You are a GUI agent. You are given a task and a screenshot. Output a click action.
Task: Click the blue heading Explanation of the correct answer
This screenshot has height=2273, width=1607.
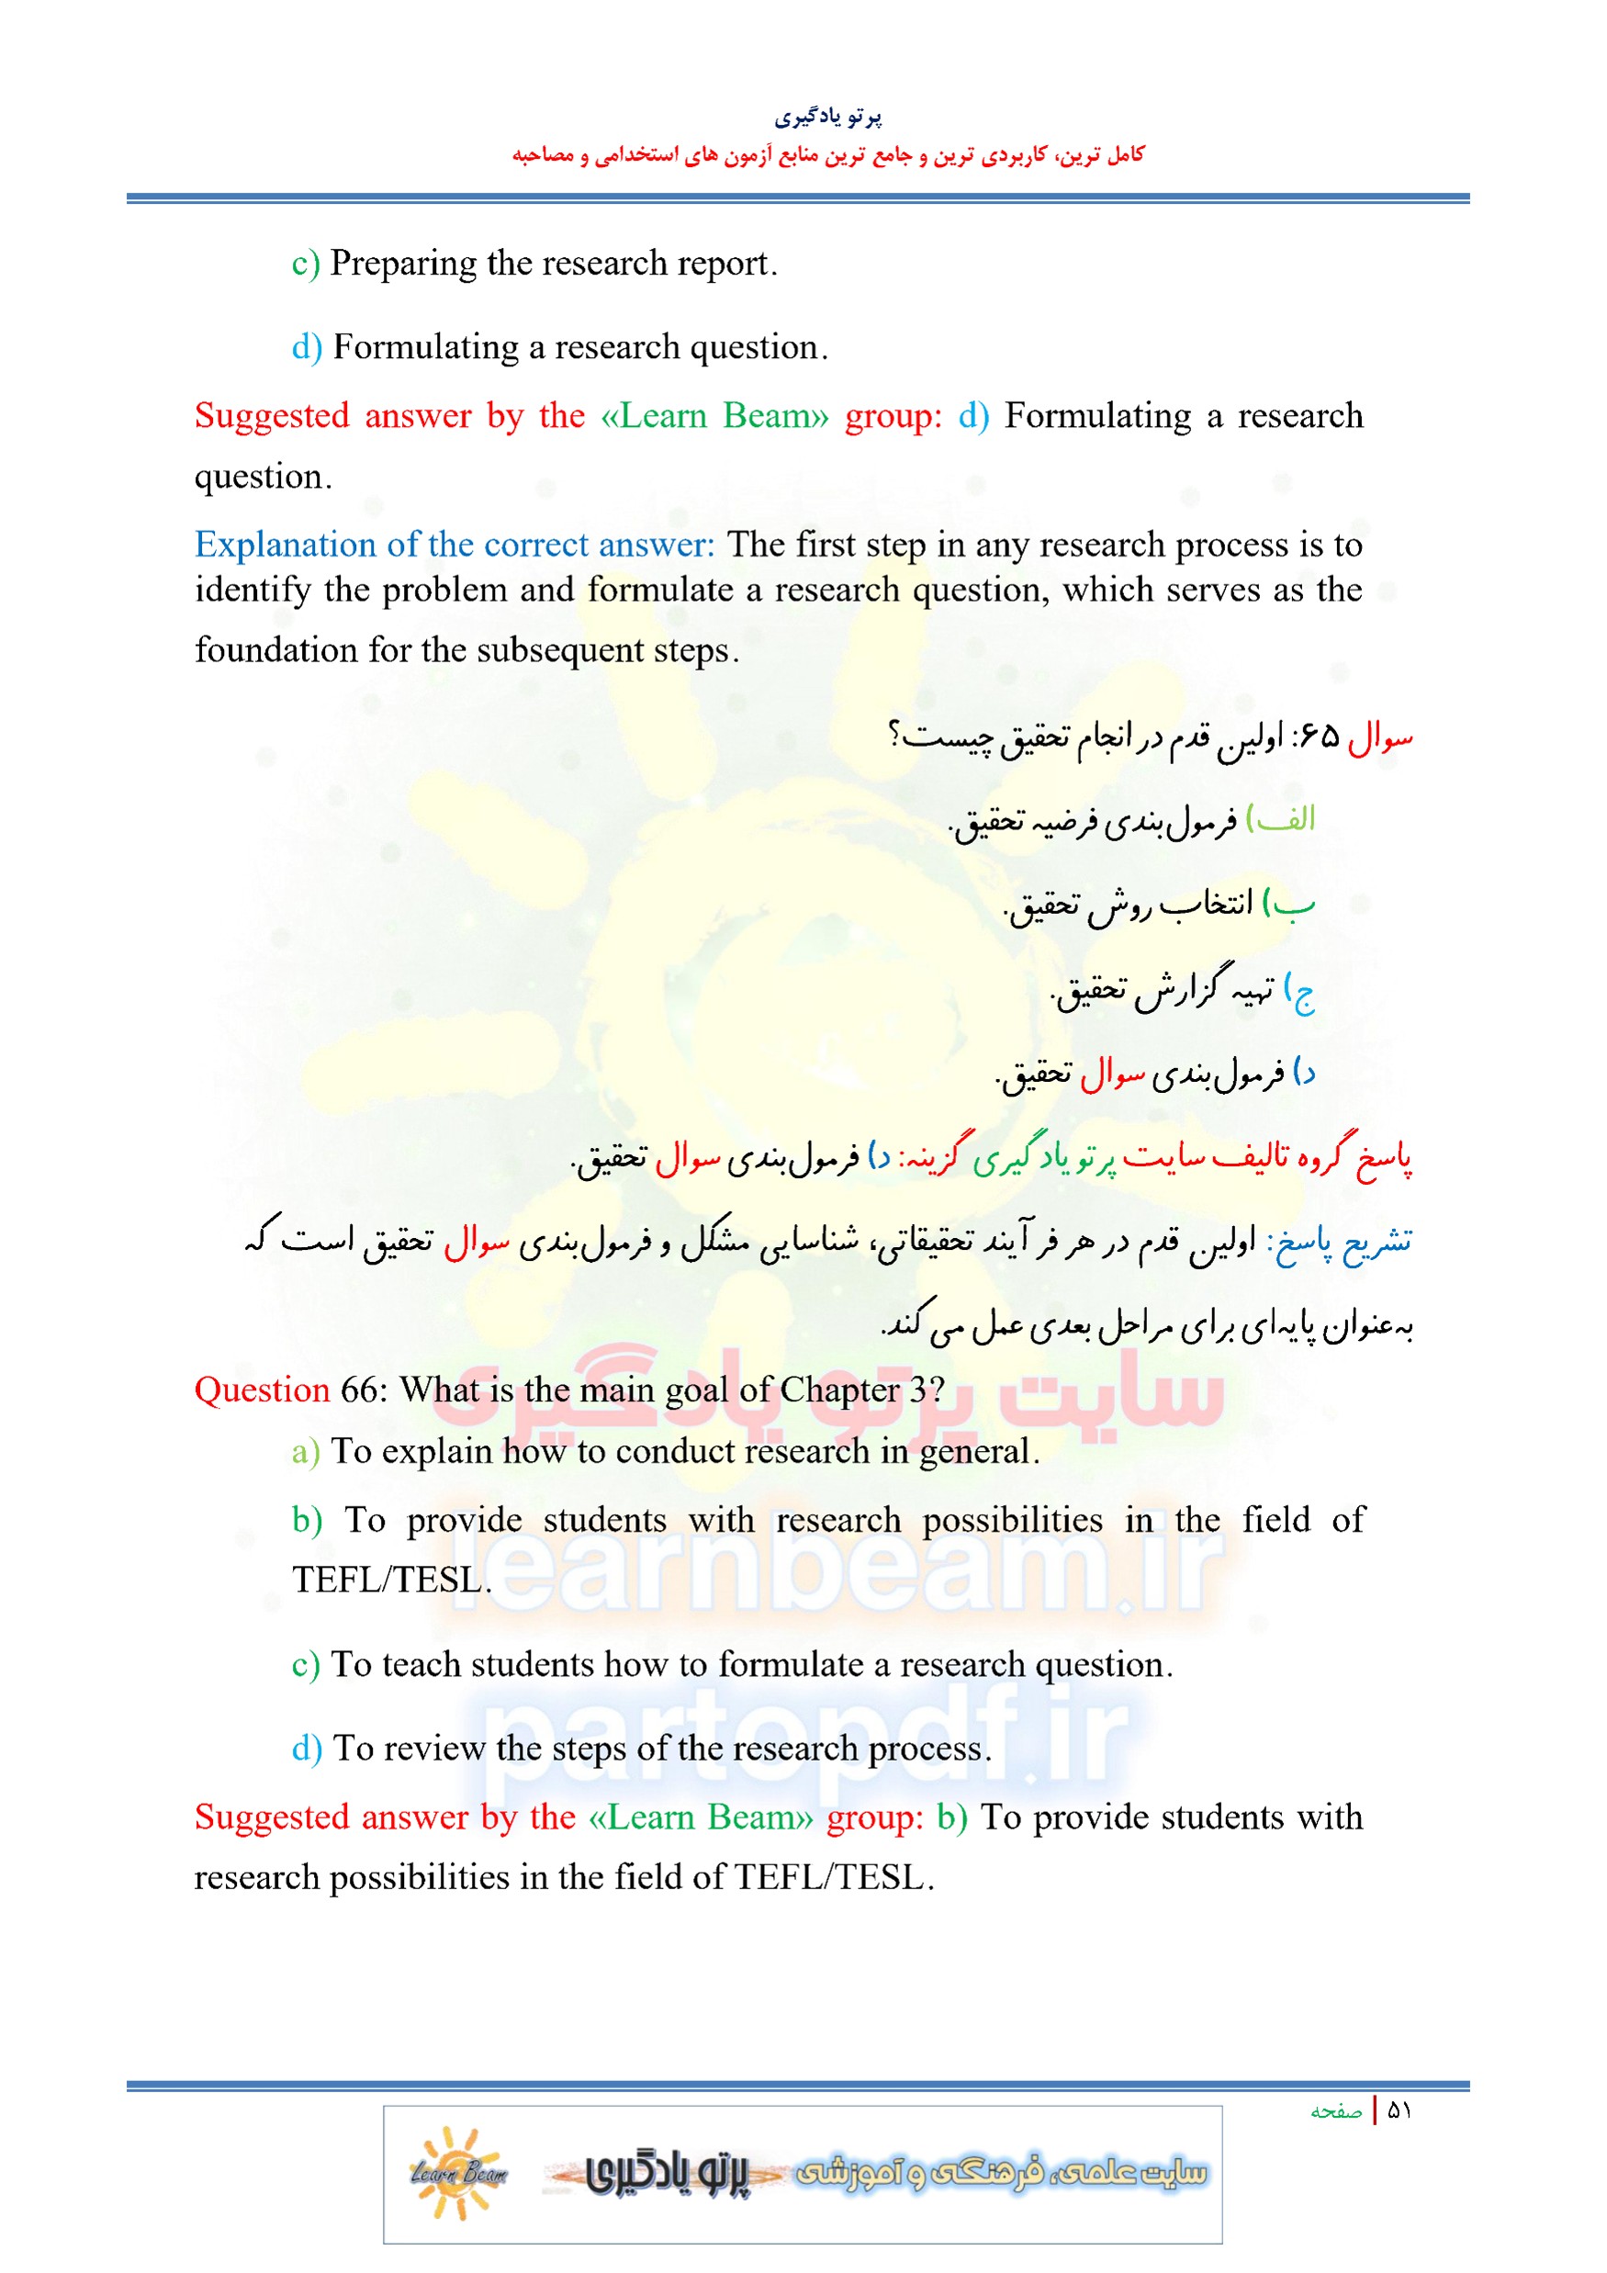point(454,545)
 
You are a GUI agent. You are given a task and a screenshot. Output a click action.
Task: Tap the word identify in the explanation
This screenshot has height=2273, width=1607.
point(252,590)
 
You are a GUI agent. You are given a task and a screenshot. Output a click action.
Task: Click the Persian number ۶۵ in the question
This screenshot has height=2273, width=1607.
point(1318,736)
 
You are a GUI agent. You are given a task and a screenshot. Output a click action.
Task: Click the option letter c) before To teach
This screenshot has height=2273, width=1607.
point(305,1664)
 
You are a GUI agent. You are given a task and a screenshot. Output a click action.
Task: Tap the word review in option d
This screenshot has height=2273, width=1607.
point(434,1749)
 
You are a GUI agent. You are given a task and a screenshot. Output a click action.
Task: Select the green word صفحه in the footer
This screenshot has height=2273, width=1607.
point(1336,2111)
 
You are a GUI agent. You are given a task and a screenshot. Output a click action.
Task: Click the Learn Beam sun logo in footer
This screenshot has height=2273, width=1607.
point(458,2173)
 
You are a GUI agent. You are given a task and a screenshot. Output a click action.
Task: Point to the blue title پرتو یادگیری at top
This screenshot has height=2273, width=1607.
point(827,118)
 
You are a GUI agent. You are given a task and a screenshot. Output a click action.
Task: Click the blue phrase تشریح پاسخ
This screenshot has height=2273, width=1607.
point(1342,1242)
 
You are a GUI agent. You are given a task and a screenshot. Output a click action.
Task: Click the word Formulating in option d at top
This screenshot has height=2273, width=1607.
point(425,347)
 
